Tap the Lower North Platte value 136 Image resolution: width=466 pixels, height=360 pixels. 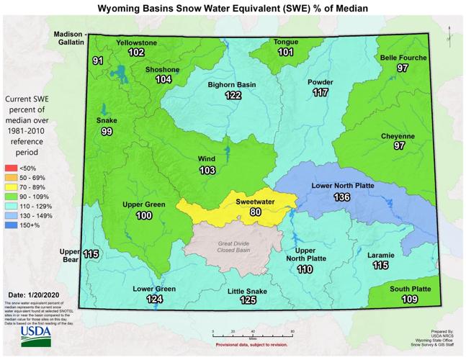[341, 197]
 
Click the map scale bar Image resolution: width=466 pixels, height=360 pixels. [252, 333]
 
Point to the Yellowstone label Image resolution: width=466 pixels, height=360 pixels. [137, 42]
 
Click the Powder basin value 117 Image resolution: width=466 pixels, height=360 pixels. [321, 93]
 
